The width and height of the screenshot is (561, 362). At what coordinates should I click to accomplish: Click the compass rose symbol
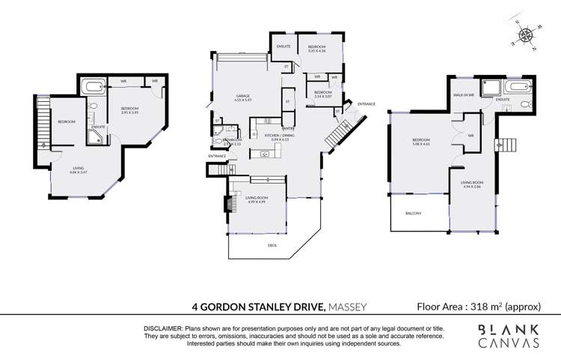coord(528,34)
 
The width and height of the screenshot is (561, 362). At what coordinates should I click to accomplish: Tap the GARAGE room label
coord(242,96)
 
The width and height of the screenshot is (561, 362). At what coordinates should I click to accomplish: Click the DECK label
coord(272,245)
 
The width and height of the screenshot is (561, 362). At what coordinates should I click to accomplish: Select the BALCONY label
coord(413,213)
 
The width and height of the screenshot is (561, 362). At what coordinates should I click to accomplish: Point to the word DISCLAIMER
coord(164,329)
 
